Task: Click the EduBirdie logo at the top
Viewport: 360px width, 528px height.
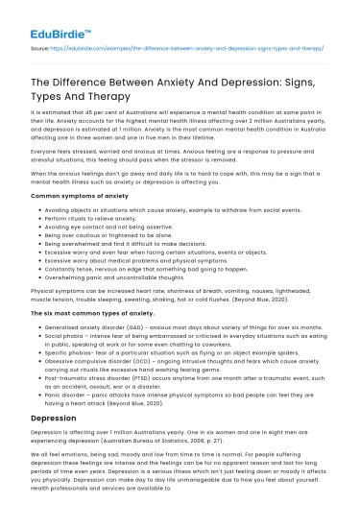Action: [42, 14]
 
